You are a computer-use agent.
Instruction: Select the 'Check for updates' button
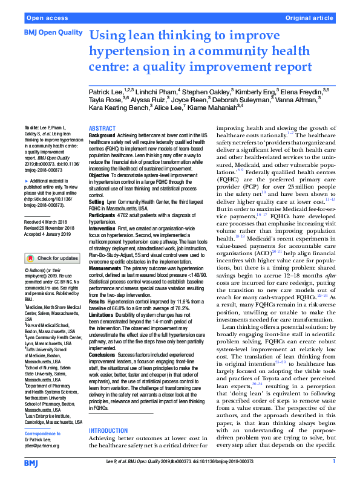[x=51, y=258]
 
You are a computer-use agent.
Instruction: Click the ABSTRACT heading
[x=101, y=129]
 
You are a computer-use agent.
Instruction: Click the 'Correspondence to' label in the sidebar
[x=42, y=433]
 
